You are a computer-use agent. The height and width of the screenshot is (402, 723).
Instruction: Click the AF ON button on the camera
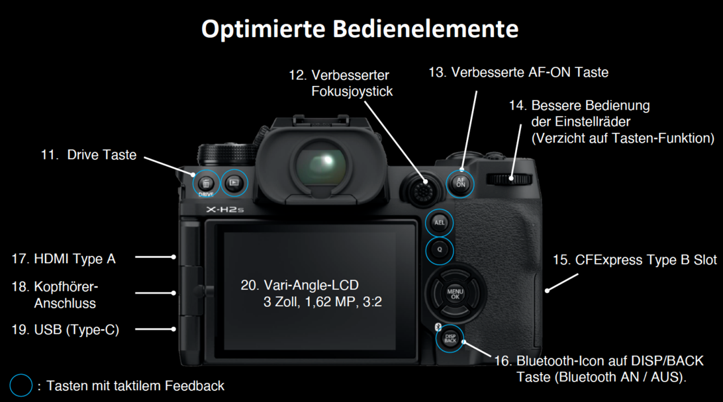460,183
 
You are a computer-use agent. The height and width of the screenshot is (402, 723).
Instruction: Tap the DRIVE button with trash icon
206,184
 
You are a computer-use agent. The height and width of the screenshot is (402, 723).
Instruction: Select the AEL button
439,223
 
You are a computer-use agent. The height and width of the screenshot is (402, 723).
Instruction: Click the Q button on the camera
439,250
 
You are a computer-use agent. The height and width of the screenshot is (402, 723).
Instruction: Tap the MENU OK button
455,294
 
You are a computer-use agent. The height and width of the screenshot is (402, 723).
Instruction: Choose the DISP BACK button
450,339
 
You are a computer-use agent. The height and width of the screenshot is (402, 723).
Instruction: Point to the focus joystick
421,189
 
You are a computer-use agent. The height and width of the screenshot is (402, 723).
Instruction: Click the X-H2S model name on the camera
225,210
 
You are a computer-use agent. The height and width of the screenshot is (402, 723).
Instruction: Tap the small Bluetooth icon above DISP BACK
438,327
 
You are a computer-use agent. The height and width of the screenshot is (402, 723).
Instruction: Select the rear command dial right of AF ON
509,179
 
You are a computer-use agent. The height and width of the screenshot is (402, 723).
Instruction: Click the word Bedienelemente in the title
426,28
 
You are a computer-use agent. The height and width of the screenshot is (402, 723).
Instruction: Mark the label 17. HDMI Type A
64,259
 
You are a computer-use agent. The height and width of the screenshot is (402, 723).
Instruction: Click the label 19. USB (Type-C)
66,330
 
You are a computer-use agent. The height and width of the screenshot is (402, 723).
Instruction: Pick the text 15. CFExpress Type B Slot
635,260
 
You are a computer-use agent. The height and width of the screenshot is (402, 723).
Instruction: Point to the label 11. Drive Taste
89,155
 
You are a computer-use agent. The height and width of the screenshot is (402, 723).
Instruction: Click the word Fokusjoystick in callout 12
352,92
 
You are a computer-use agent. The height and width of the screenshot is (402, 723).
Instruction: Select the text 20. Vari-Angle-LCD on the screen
300,285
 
